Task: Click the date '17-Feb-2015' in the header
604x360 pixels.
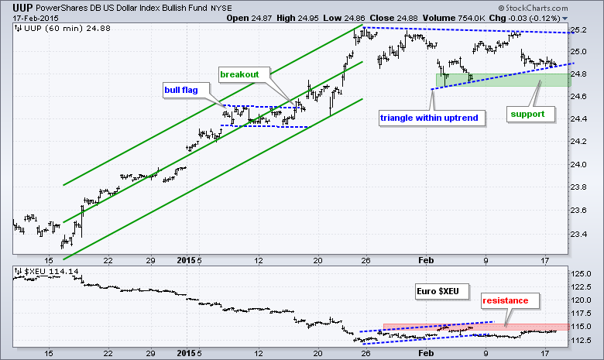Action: tap(29, 16)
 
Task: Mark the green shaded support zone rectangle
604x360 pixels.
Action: tap(503, 79)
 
